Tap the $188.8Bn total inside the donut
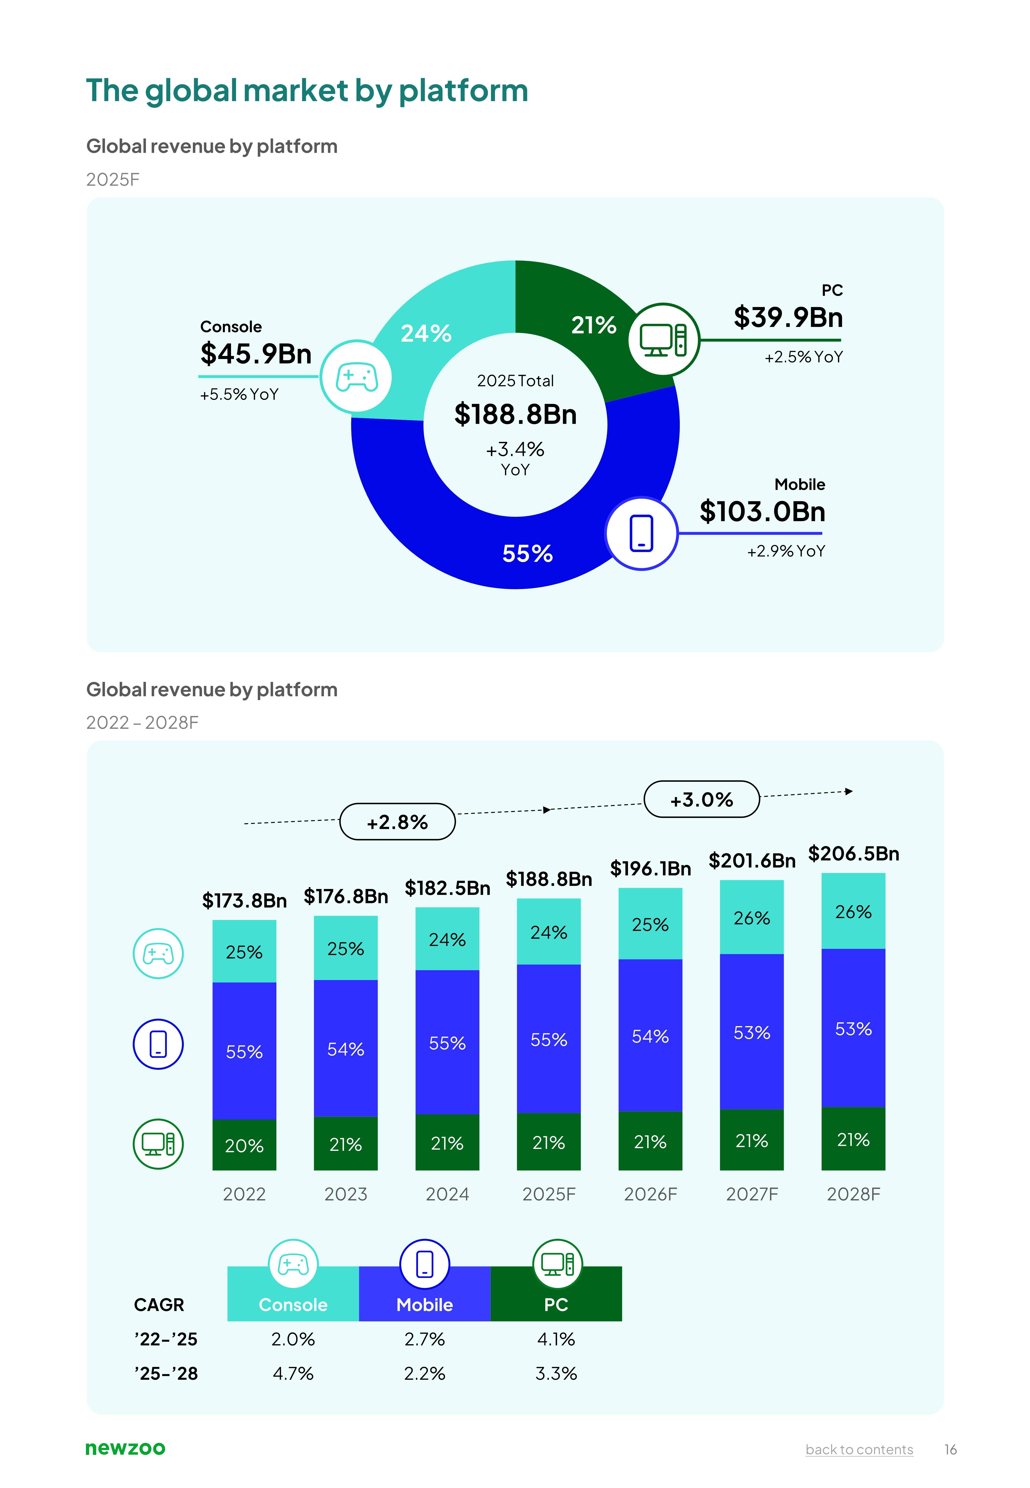click(x=515, y=414)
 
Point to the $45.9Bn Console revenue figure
click(x=256, y=354)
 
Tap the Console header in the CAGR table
click(x=293, y=1305)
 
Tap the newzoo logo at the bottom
click(x=125, y=1449)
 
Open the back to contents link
click(x=859, y=1450)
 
